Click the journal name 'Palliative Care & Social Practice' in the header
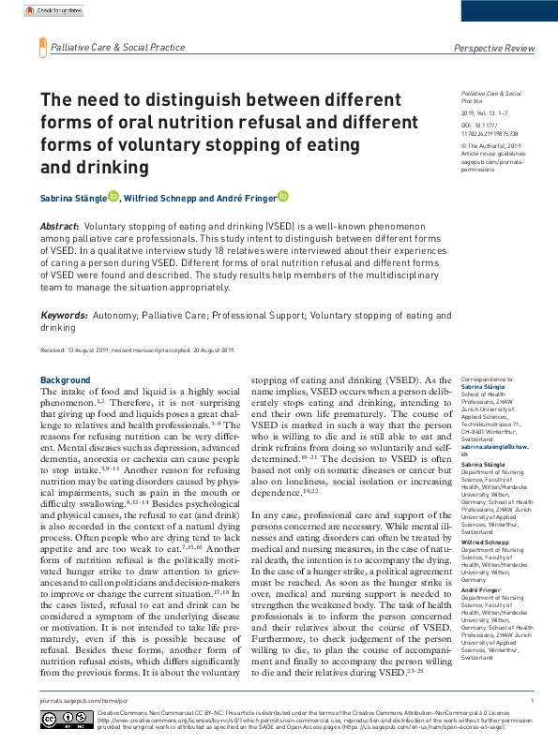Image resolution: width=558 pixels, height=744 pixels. [x=118, y=46]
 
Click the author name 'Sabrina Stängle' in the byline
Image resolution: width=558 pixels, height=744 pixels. [x=71, y=199]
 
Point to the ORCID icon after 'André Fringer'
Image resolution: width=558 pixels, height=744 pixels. [x=282, y=197]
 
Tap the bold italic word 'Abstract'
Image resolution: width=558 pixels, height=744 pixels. [x=60, y=227]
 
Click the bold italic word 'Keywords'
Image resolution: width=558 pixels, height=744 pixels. [x=64, y=317]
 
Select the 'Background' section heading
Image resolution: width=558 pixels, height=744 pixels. [x=66, y=379]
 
